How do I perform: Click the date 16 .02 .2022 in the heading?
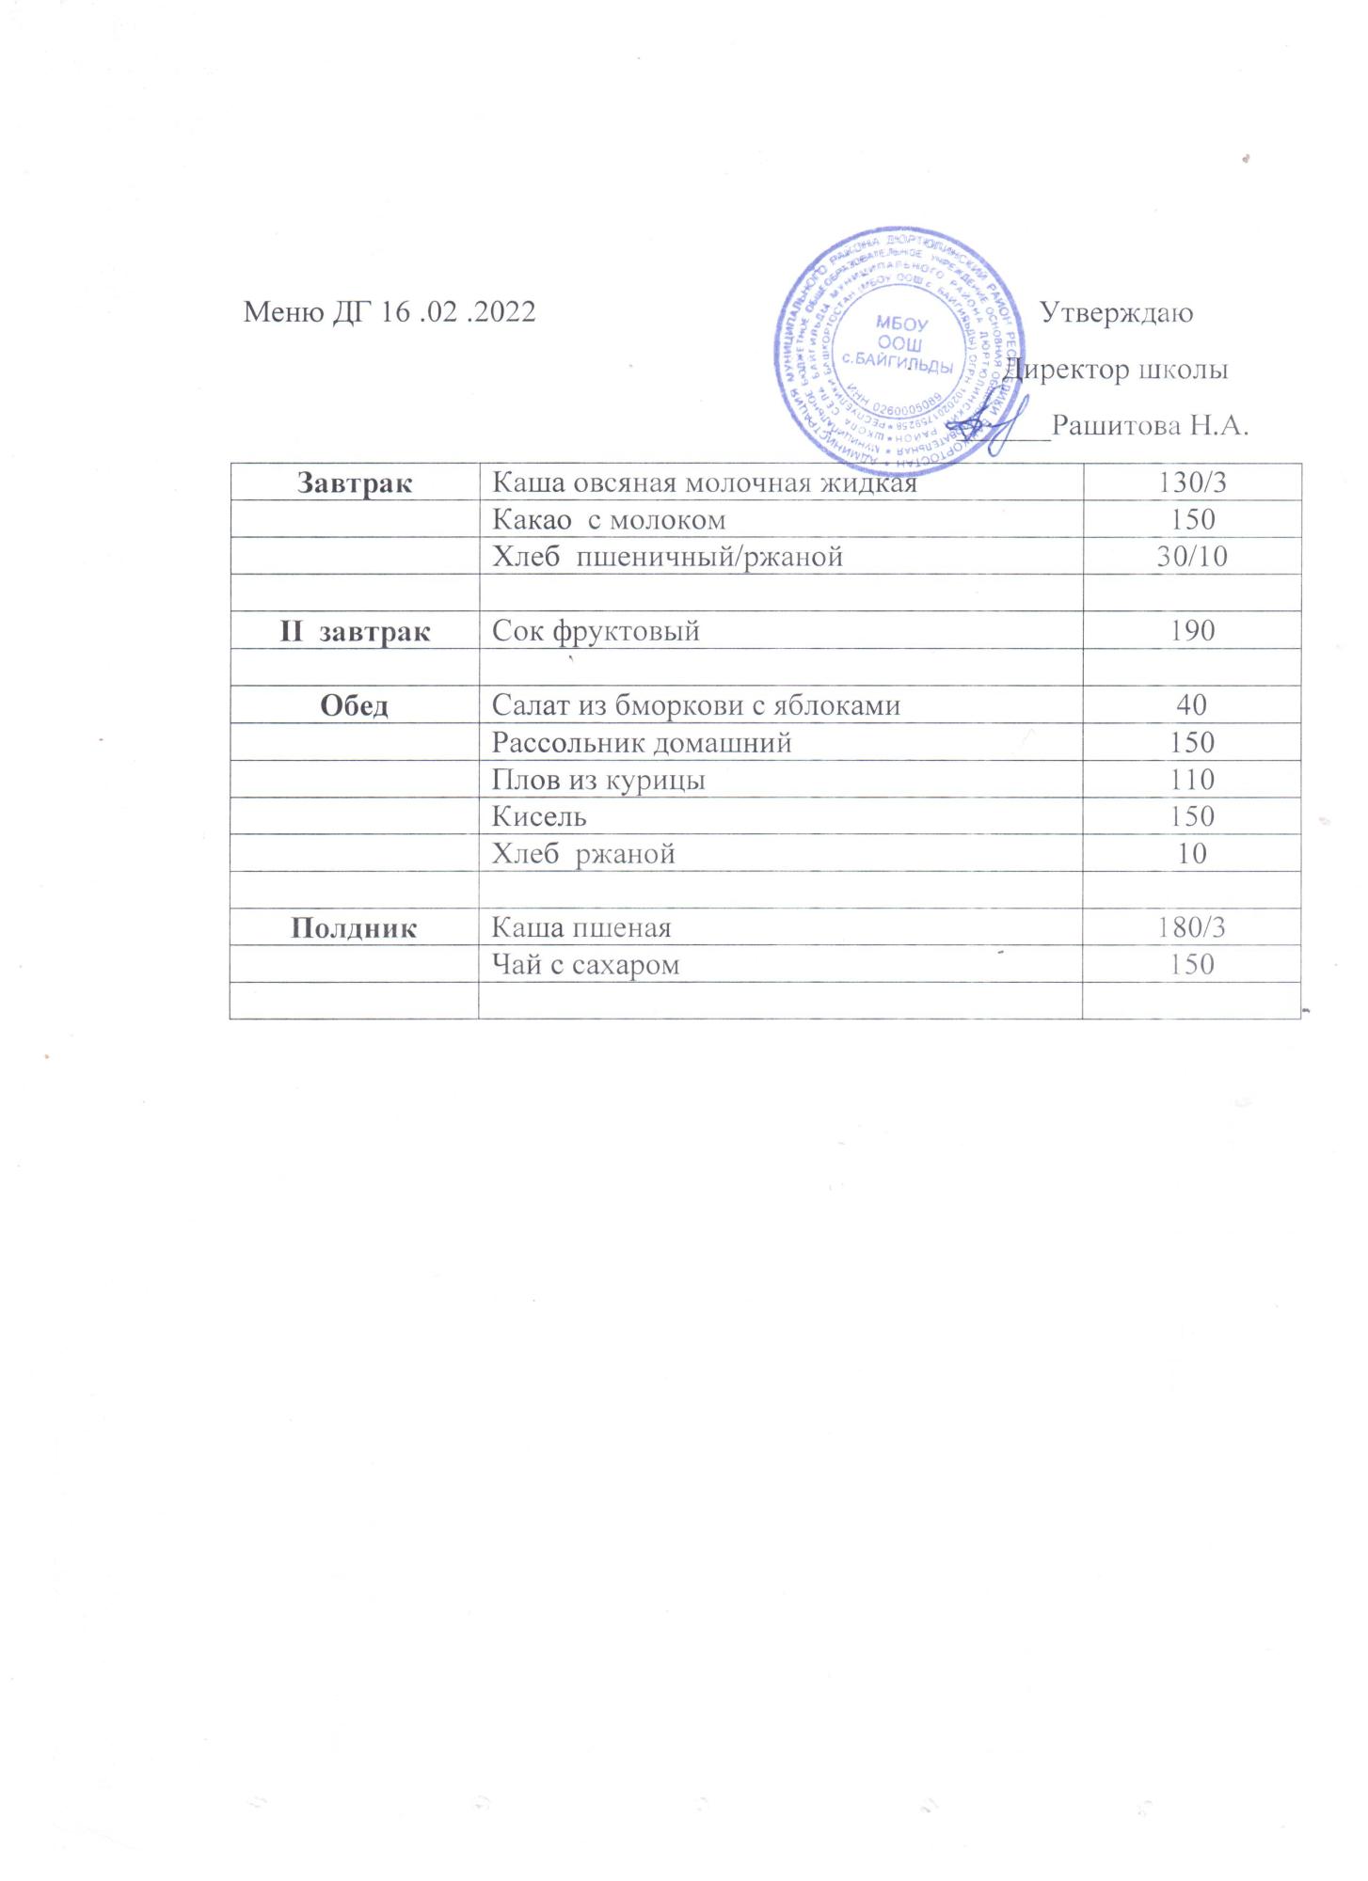click(x=458, y=312)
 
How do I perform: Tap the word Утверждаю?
click(x=1117, y=312)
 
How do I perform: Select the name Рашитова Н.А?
click(x=1150, y=426)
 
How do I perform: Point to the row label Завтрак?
click(x=355, y=483)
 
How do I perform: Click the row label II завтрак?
click(x=355, y=631)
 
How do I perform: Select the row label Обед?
click(x=355, y=705)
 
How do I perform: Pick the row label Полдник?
click(x=355, y=928)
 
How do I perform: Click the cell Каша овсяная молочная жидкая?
click(x=704, y=483)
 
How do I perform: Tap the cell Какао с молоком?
click(x=609, y=520)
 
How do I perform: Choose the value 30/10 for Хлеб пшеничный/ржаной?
click(x=1192, y=557)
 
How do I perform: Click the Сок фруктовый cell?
click(x=596, y=631)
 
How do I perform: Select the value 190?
click(x=1192, y=631)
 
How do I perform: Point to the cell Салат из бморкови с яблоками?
click(x=696, y=705)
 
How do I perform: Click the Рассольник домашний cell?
click(x=642, y=743)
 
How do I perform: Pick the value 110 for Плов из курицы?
click(x=1192, y=780)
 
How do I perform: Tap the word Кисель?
click(x=539, y=816)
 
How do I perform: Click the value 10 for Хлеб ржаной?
click(x=1192, y=854)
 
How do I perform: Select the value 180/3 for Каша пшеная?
click(x=1192, y=928)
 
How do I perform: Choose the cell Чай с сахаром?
click(x=585, y=965)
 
